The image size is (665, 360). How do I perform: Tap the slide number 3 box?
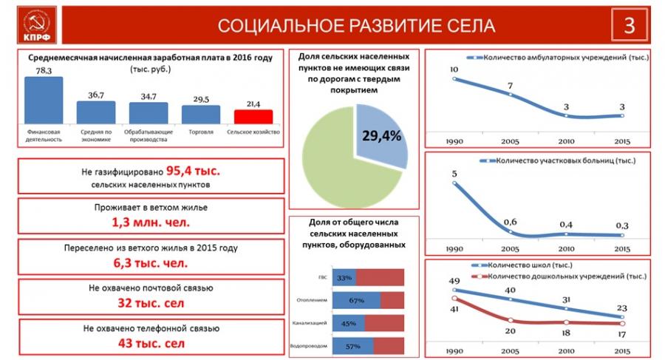pos(630,25)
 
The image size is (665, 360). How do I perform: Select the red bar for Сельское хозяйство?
pos(253,117)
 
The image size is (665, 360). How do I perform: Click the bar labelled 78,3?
pos(43,100)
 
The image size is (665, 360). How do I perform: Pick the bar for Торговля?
pos(201,114)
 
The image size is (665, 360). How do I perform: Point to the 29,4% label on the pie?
pos(381,135)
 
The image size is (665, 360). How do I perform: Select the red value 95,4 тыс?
pos(193,171)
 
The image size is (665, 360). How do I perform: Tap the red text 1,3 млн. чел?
pos(151,221)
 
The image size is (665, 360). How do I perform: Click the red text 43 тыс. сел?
pos(151,343)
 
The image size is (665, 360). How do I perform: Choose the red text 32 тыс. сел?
pos(151,302)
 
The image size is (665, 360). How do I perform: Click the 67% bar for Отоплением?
pos(356,300)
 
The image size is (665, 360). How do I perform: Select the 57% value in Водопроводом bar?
pos(353,346)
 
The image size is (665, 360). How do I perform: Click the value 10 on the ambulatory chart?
pos(454,70)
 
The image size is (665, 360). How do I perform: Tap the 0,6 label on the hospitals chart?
pos(510,222)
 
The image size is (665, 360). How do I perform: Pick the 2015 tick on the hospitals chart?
pos(622,248)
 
